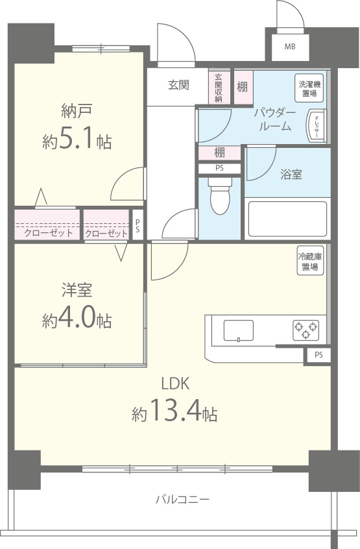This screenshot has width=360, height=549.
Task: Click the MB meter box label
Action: [290, 46]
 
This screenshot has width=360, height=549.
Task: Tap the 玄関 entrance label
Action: [178, 85]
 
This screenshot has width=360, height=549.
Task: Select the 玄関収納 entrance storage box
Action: [219, 87]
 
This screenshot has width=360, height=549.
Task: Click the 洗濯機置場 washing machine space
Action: [309, 89]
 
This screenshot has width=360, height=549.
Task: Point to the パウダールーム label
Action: [274, 120]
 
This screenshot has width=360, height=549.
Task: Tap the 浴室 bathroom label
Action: [291, 175]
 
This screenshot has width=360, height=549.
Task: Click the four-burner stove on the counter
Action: [306, 330]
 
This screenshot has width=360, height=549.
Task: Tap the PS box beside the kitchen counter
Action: [318, 355]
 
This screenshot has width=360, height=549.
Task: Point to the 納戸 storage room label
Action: [77, 111]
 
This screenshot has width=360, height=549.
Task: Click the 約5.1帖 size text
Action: [77, 141]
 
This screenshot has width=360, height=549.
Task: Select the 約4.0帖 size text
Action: [77, 319]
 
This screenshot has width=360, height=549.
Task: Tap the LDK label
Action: [174, 382]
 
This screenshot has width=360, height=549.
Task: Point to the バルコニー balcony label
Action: [182, 500]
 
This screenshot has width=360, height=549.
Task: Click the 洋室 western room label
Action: [76, 290]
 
